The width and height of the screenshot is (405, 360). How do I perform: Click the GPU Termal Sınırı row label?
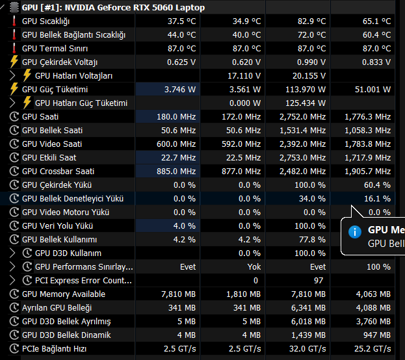53,48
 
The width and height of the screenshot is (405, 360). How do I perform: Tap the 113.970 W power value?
306,89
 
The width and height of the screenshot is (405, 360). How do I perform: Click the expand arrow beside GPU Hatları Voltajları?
12,75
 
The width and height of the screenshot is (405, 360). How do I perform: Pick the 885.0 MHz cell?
177,171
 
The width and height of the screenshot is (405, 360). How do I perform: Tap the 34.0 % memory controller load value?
312,198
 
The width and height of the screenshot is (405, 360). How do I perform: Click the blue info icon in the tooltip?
354,231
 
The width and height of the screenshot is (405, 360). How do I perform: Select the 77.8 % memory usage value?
312,239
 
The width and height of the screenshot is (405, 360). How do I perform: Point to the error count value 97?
319,280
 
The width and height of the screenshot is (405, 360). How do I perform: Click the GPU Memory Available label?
64,294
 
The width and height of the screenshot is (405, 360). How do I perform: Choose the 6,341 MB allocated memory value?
308,307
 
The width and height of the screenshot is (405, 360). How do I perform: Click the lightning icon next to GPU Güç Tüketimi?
14,89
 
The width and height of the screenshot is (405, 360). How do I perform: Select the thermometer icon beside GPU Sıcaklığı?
14,21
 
